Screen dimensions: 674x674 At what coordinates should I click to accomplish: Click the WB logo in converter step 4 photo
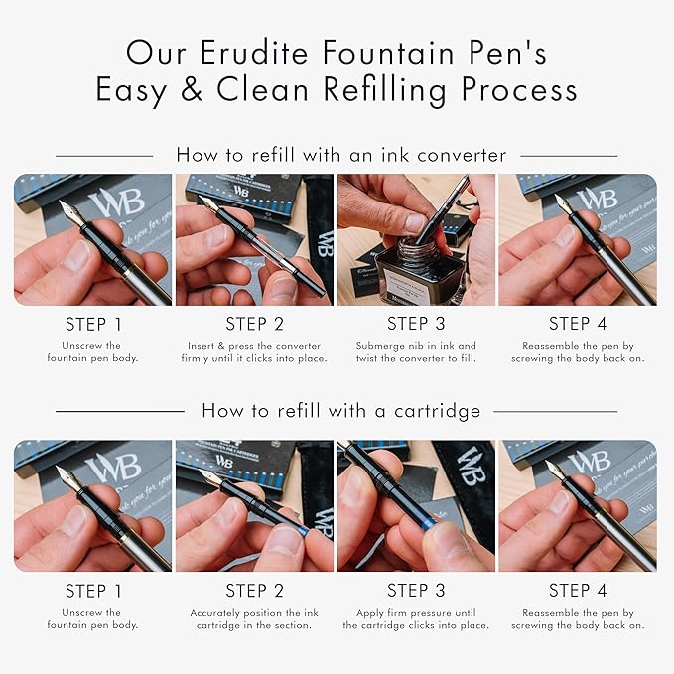pos(598,199)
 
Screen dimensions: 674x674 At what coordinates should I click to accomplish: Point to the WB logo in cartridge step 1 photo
pos(113,467)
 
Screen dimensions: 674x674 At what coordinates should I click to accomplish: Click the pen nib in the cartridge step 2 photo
pos(209,477)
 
